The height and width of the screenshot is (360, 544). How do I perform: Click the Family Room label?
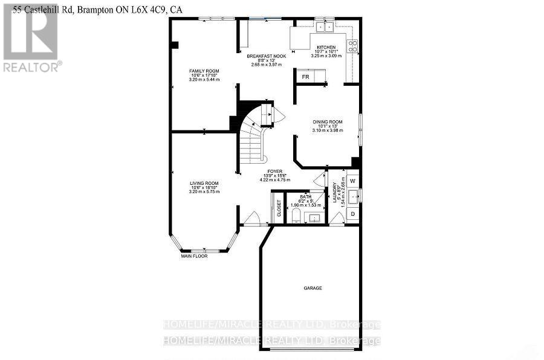pos(204,71)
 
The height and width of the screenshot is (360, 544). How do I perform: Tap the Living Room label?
pos(204,183)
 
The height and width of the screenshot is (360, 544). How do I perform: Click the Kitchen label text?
pos(326,47)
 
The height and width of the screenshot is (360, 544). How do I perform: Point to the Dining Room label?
pos(327,121)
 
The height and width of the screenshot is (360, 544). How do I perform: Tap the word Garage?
pos(312,288)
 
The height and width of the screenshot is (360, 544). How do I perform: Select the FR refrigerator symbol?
pos(306,77)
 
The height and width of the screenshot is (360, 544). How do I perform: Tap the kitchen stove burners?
pos(352,46)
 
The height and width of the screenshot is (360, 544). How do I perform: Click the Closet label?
pos(279,208)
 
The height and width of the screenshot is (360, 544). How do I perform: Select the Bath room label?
pos(306,197)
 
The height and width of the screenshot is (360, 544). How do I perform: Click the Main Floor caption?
pos(195,256)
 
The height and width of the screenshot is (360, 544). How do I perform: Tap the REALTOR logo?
pos(30,36)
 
